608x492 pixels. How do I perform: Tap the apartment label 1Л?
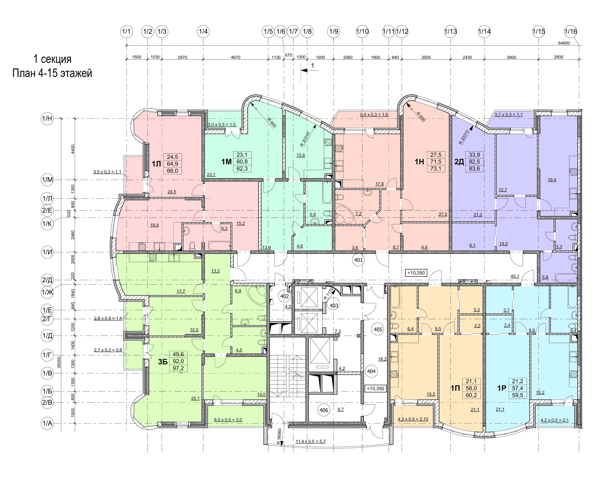pos(156,164)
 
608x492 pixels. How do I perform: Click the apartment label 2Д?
pos(459,162)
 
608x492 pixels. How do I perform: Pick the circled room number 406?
pos(324,410)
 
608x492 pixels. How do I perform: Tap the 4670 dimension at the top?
pos(236,57)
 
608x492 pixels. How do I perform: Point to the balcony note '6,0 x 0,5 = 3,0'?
pos(228,420)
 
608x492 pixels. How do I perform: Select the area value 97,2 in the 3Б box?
pos(178,368)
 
